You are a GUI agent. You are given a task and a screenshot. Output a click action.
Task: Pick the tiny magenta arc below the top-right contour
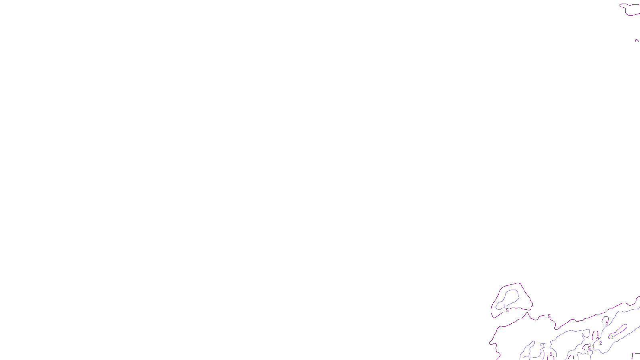pos(637,40)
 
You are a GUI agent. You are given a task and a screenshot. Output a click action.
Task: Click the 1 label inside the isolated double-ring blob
pos(504,306)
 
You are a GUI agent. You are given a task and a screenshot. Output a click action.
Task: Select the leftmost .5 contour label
pos(507,310)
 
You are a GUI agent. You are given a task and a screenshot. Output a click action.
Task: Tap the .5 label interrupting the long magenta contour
pos(549,316)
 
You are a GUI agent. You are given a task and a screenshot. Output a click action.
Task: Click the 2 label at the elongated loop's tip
pos(612,337)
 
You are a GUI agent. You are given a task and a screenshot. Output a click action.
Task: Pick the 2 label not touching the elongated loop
pos(600,343)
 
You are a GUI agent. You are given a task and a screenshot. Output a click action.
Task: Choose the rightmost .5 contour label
pos(607,322)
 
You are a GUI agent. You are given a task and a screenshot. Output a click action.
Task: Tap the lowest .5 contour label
pos(551,354)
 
